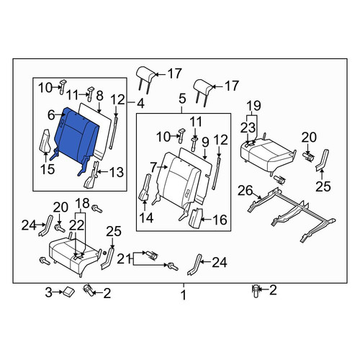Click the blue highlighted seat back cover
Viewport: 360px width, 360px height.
[x=76, y=138]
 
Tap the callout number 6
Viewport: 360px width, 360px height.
[x=51, y=115]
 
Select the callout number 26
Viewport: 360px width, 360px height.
[x=246, y=191]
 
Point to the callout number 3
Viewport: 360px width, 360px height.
[x=49, y=292]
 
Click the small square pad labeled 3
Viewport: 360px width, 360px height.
[x=68, y=292]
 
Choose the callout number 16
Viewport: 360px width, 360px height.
[x=220, y=220]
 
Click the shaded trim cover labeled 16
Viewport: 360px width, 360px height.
[x=196, y=218]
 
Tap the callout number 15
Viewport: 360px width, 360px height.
[x=48, y=169]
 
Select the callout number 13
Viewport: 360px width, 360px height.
[x=117, y=172]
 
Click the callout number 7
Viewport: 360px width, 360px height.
[x=153, y=167]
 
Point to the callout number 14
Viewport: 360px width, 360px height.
[x=146, y=217]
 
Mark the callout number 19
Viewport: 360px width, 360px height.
[x=254, y=105]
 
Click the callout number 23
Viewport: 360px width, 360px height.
[x=248, y=127]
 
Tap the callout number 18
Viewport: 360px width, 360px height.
[x=82, y=203]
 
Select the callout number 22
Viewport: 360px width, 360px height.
[x=77, y=225]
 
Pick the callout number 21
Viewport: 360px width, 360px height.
[x=124, y=259]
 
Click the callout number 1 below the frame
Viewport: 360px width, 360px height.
[x=184, y=295]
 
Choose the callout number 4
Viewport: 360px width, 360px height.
[x=140, y=104]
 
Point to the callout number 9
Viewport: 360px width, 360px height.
[x=205, y=142]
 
